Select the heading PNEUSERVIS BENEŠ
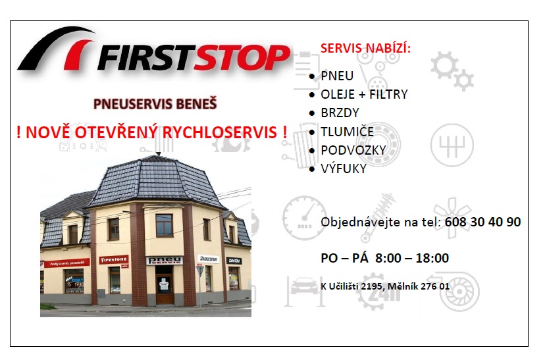pos(155,103)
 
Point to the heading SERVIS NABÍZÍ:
pos(365,48)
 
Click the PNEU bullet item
pos(337,76)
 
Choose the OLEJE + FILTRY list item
pos(364,94)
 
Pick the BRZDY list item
pos(340,113)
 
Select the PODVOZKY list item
pos(353,150)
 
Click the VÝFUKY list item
pos(344,168)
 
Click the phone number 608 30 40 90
pos(482,222)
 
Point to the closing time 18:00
pos(431,258)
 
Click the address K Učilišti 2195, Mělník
pos(385,286)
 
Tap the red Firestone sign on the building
pos(114,259)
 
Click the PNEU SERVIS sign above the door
pos(164,260)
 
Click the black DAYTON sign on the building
pos(234,261)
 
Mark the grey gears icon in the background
pos(452,70)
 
